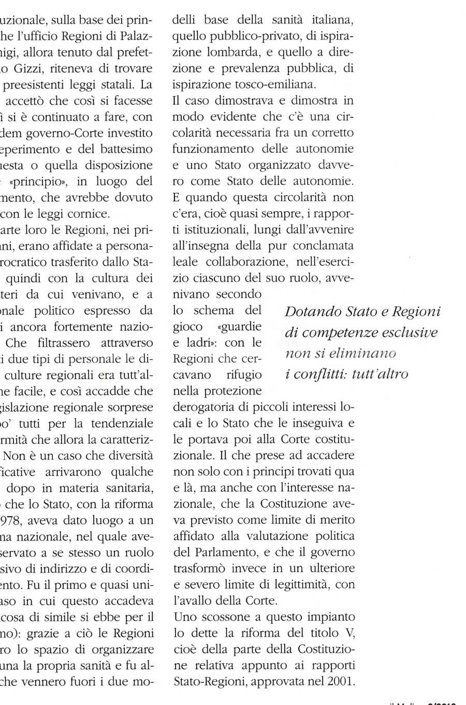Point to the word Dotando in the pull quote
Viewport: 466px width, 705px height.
coord(309,312)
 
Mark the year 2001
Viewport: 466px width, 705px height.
coord(340,681)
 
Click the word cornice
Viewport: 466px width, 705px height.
coord(93,213)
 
